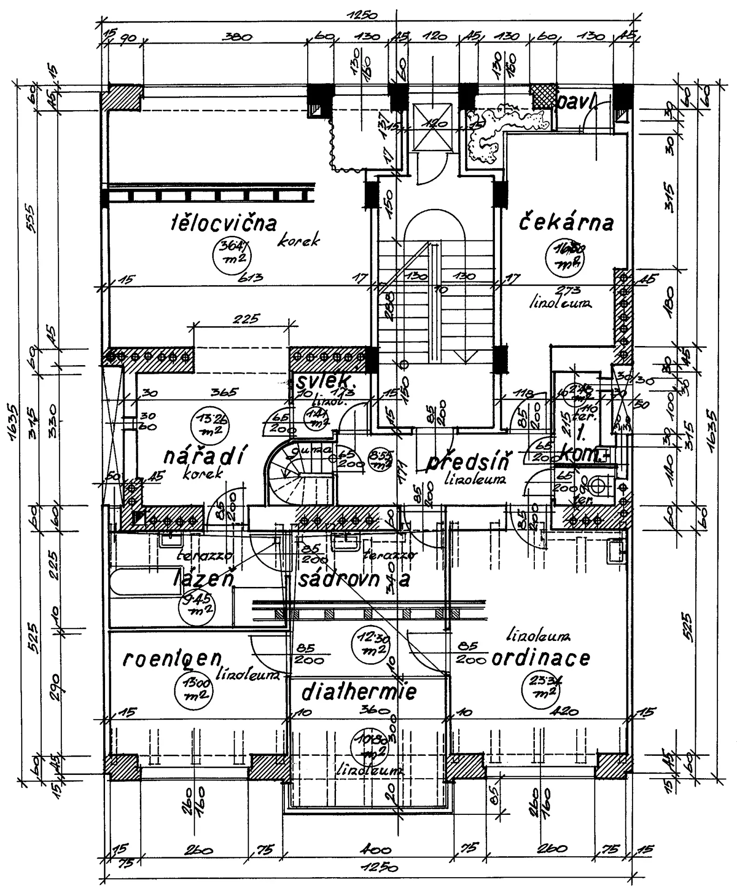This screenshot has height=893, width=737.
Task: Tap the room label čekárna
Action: point(566,223)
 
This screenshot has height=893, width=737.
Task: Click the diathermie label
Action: point(359,693)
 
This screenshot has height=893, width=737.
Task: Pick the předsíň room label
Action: point(467,463)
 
